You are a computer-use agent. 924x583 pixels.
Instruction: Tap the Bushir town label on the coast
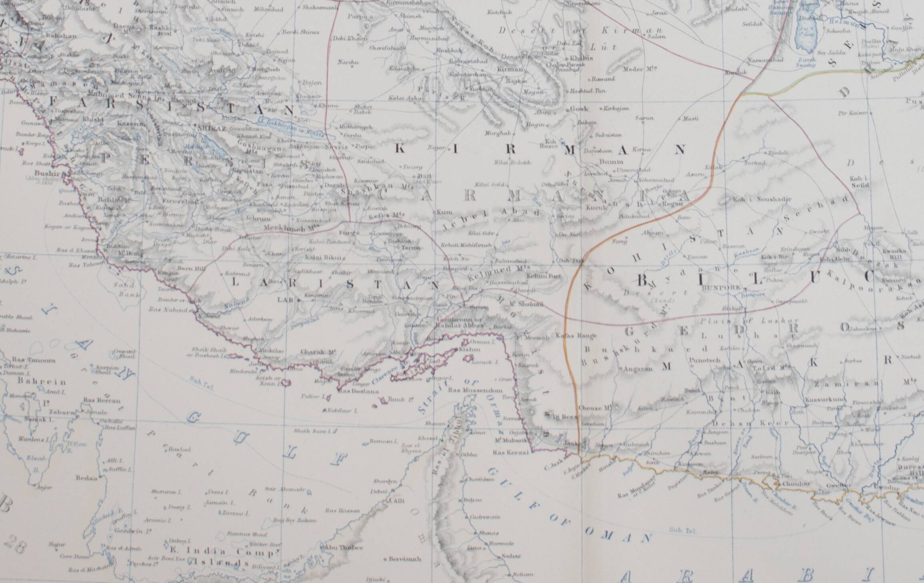pyautogui.click(x=47, y=174)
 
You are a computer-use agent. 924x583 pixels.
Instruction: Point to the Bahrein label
pyautogui.click(x=36, y=381)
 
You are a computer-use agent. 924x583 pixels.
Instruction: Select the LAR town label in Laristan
pyautogui.click(x=283, y=299)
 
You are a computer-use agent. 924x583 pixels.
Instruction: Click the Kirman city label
pyautogui.click(x=510, y=69)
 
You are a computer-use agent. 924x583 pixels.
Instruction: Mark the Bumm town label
pyautogui.click(x=611, y=162)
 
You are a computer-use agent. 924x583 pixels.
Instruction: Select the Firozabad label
pyautogui.click(x=180, y=202)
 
